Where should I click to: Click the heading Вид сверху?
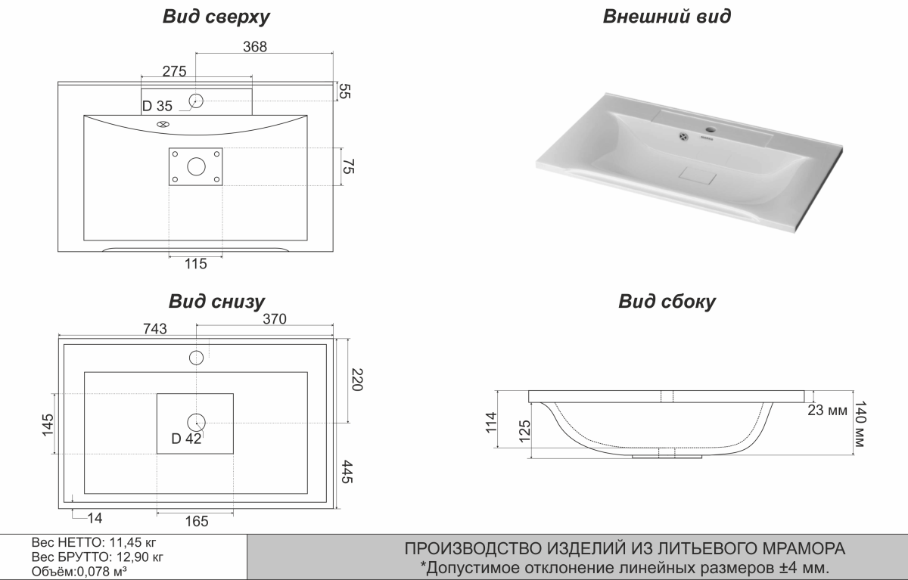pyautogui.click(x=216, y=16)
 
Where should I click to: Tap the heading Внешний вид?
pyautogui.click(x=667, y=16)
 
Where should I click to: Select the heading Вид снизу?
pyautogui.click(x=216, y=302)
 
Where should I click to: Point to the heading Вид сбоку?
pyautogui.click(x=667, y=302)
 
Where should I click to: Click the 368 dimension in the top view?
pyautogui.click(x=255, y=46)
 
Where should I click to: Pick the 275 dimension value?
pyautogui.click(x=174, y=71)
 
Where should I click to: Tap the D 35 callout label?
pyautogui.click(x=157, y=105)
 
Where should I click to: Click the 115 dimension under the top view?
pyautogui.click(x=195, y=264)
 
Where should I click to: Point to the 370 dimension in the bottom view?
pyautogui.click(x=274, y=319)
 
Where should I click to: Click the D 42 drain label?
pyautogui.click(x=186, y=439)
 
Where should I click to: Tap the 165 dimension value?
pyautogui.click(x=196, y=521)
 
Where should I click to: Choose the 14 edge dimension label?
pyautogui.click(x=94, y=518)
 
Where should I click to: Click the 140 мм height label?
pyautogui.click(x=863, y=424)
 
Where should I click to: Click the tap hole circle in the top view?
pyautogui.click(x=197, y=100)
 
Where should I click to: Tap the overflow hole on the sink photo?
pyautogui.click(x=684, y=136)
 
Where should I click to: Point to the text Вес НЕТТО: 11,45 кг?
pyautogui.click(x=95, y=542)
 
